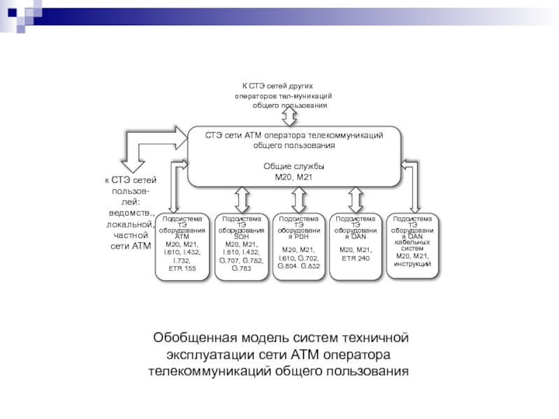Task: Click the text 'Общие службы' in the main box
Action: point(293,167)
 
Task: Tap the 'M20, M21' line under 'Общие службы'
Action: point(293,177)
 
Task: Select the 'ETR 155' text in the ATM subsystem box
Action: point(182,268)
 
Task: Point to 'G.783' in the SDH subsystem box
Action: point(240,268)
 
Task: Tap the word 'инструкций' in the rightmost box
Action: point(413,263)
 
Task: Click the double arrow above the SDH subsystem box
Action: point(242,199)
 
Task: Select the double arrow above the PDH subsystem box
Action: point(299,199)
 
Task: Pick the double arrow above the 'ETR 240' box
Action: point(355,199)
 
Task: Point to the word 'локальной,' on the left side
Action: point(129,224)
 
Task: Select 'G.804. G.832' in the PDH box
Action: point(298,265)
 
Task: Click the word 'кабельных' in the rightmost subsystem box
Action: point(413,242)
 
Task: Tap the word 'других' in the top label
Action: point(317,85)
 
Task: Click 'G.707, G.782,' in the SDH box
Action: point(241,259)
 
